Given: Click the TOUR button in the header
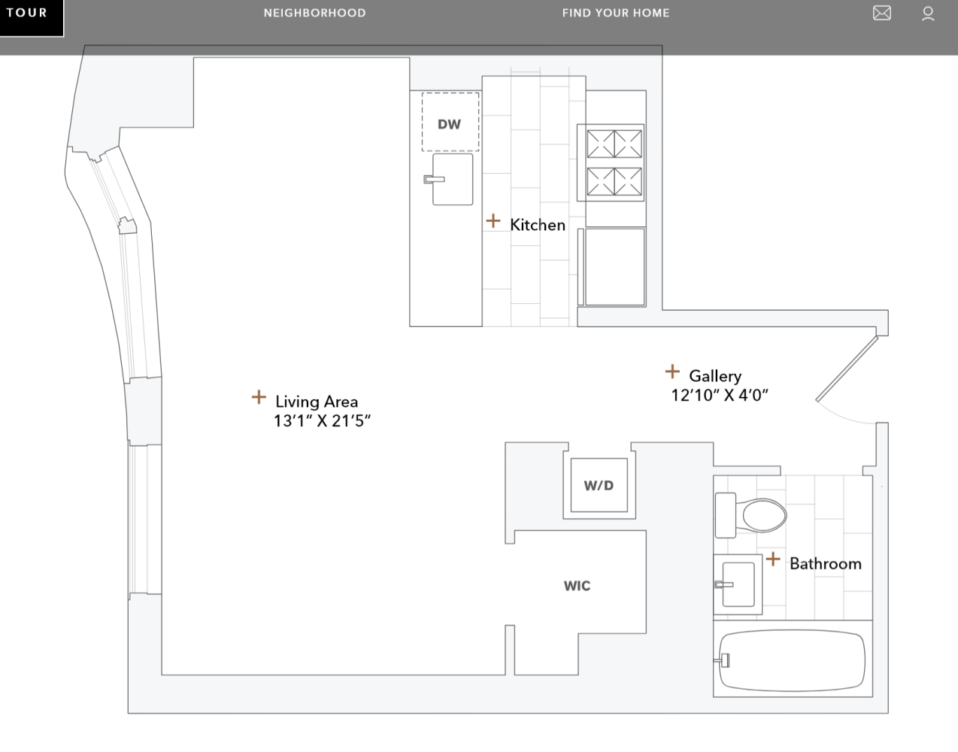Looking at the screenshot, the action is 28,14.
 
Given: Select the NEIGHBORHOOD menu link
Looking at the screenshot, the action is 314,14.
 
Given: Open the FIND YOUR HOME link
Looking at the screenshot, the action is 615,14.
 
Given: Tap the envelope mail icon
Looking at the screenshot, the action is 881,14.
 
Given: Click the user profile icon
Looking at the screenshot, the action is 928,14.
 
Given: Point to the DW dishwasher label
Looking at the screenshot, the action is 449,124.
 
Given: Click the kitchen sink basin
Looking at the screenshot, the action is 454,180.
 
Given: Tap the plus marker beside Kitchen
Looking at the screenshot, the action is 493,221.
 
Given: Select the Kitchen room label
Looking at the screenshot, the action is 537,225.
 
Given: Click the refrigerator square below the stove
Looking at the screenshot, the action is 614,267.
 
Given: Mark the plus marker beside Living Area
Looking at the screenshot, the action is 259,397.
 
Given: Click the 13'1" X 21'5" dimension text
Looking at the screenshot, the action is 322,421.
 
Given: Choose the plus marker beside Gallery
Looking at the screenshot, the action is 672,371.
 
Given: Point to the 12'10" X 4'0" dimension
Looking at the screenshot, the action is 720,396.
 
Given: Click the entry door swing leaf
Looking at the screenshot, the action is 847,368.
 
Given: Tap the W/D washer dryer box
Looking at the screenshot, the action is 599,486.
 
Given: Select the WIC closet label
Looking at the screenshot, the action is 577,586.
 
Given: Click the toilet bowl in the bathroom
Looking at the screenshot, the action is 763,517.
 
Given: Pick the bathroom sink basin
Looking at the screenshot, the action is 739,584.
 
